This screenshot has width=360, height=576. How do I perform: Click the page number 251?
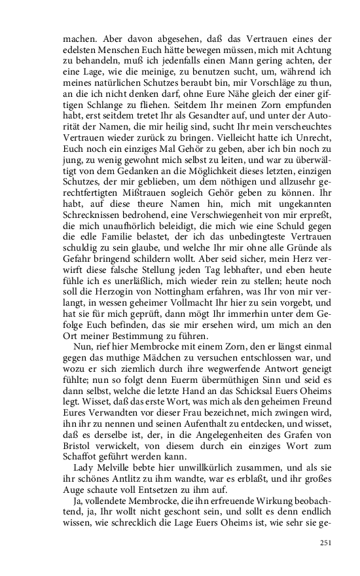click(325, 542)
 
